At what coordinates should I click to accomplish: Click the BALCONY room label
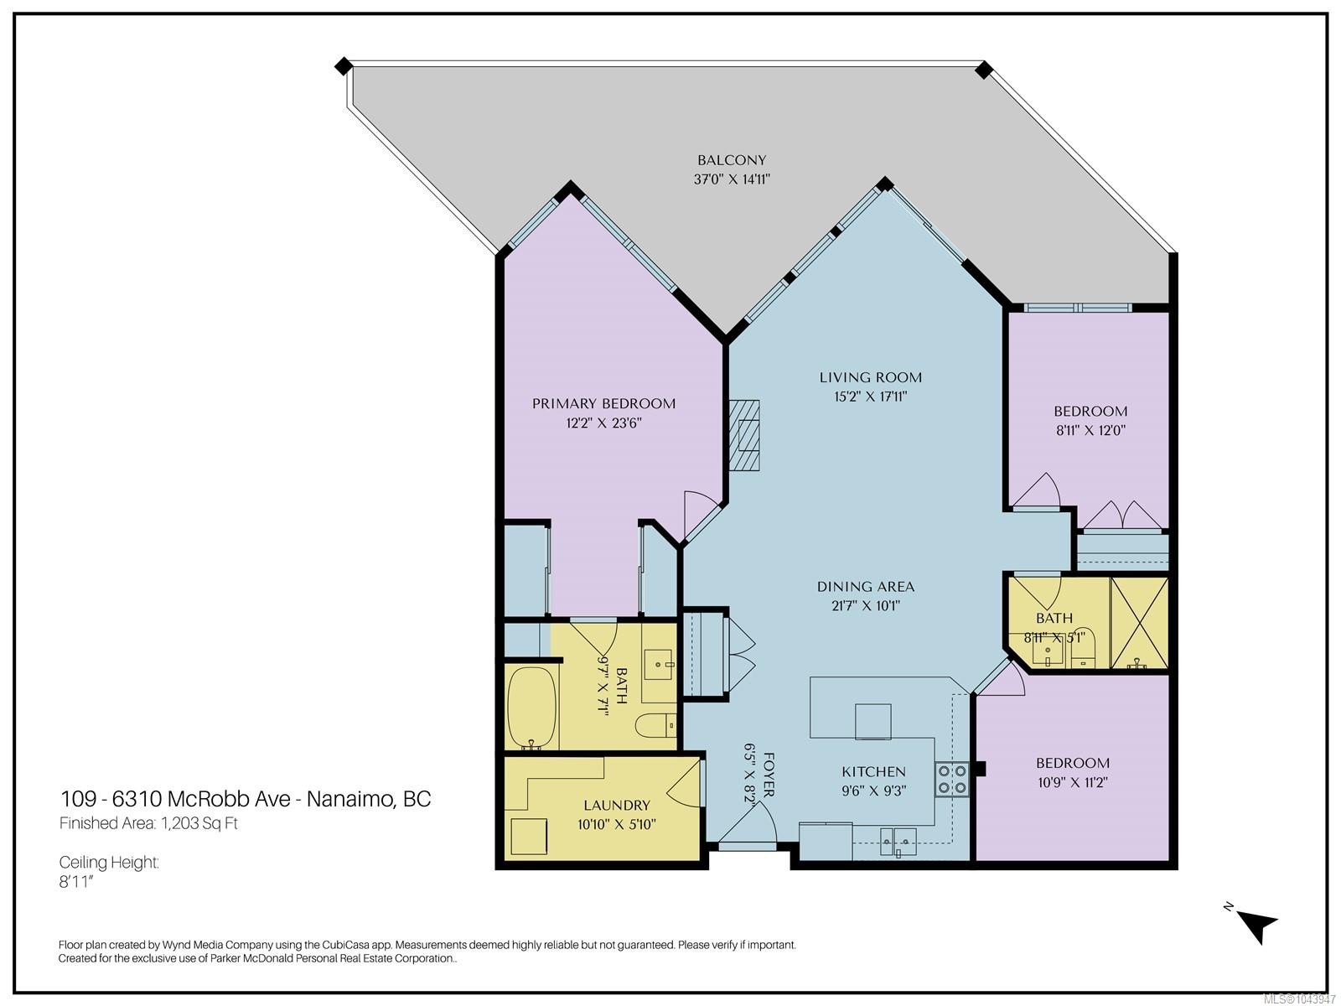(732, 160)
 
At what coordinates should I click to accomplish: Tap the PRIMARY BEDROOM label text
(603, 404)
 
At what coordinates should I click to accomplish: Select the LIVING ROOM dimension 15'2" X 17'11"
(871, 397)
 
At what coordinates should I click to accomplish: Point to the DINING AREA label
(866, 587)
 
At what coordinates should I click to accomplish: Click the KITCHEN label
(873, 772)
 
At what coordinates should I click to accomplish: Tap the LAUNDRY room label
(616, 806)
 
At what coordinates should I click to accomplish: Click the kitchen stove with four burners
(952, 780)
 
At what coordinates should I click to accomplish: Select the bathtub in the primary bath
(531, 708)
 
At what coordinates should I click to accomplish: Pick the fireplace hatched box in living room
(744, 435)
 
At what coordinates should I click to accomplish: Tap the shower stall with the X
(1139, 623)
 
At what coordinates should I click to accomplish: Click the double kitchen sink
(898, 842)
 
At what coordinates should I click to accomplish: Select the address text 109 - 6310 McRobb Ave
(175, 799)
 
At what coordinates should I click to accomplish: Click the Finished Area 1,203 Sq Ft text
(148, 823)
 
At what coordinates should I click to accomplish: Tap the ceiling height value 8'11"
(75, 882)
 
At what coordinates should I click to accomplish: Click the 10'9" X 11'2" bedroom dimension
(1072, 782)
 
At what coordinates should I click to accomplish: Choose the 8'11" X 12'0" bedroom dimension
(1090, 431)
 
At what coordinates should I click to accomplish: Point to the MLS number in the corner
(1299, 999)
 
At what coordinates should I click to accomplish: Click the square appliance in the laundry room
(529, 837)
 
